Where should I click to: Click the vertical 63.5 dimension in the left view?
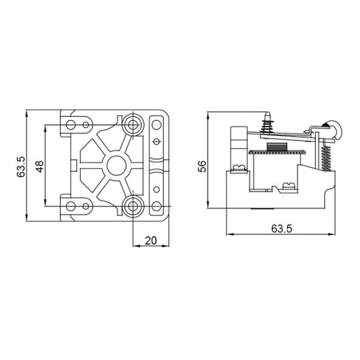tap(20, 166)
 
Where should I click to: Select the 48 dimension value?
tap(39, 166)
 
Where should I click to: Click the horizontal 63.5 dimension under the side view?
tap(277, 229)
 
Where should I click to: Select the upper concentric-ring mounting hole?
tap(133, 125)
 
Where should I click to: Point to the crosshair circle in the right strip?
tap(157, 142)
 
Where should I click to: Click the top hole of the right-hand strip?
tap(157, 125)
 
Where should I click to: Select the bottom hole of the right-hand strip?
tap(157, 205)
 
